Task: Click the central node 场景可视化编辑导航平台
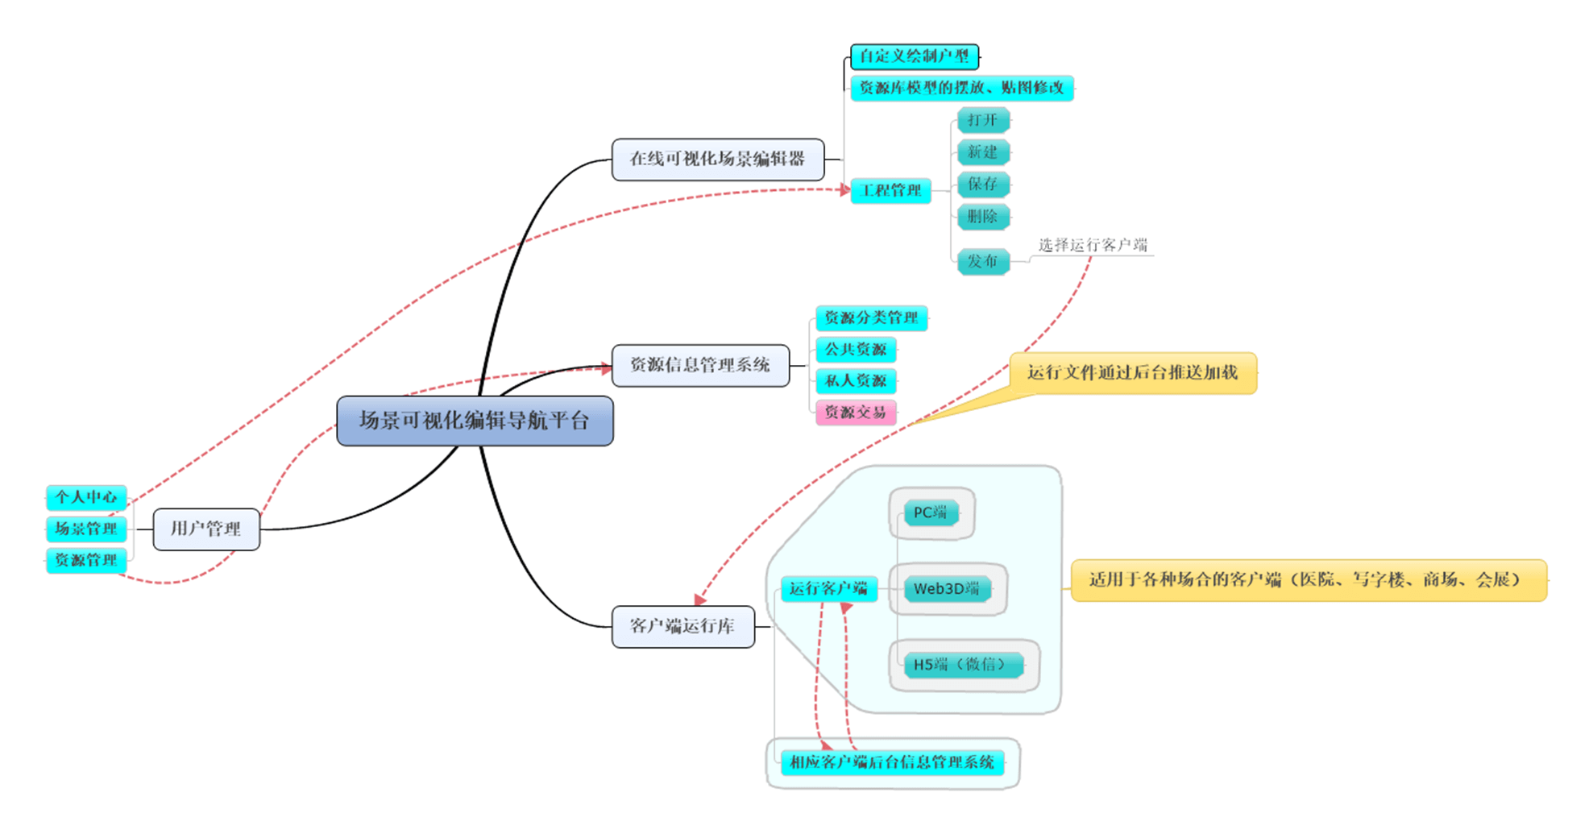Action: [x=475, y=421]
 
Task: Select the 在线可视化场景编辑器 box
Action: [x=717, y=160]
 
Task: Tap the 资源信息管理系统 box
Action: [x=699, y=365]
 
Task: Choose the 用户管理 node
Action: [x=206, y=529]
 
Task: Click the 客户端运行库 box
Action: [x=682, y=627]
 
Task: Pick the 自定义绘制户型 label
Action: [x=914, y=56]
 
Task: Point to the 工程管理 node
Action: [x=891, y=191]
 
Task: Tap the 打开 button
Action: [x=982, y=121]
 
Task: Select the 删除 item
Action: [x=982, y=216]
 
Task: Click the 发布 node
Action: [x=982, y=261]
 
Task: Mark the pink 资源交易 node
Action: [x=855, y=413]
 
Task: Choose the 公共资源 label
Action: [x=855, y=350]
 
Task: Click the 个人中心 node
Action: [x=86, y=497]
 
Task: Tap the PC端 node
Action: [x=931, y=512]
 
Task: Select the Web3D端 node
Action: [x=947, y=589]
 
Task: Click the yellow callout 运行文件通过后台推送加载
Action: [x=1132, y=373]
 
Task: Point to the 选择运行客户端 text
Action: [x=1093, y=245]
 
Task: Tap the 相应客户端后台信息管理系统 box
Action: [x=892, y=762]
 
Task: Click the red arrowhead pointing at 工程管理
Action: [x=844, y=190]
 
